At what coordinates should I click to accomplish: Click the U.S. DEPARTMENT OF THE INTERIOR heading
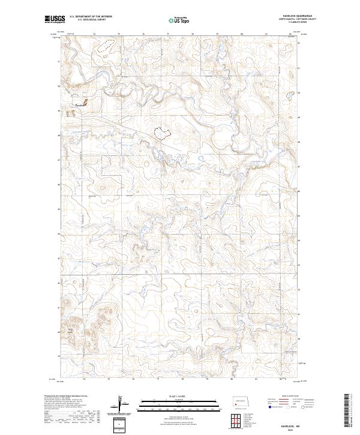coord(91,17)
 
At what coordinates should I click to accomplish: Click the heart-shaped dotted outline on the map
coord(162,131)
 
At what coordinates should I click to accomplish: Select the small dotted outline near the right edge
coord(291,94)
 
